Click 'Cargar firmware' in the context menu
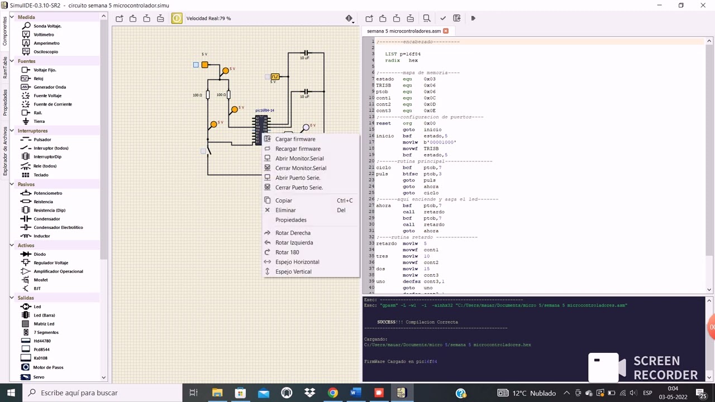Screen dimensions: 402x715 click(x=295, y=139)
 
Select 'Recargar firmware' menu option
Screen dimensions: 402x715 click(x=298, y=149)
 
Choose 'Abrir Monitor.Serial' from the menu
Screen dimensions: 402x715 click(x=299, y=159)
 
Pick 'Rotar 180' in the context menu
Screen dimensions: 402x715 click(x=287, y=252)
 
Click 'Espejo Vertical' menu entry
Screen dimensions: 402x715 click(x=293, y=272)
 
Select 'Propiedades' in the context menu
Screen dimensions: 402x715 click(x=290, y=220)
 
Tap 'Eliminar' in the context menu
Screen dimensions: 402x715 click(x=285, y=210)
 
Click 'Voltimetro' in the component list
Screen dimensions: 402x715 click(x=44, y=35)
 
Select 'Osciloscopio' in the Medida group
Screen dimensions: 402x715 click(x=45, y=52)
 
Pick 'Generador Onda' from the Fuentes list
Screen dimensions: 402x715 click(x=49, y=87)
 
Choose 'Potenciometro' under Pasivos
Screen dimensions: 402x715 click(x=47, y=193)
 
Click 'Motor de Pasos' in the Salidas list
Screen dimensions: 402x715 click(x=48, y=367)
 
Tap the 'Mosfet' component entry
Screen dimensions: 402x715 click(x=40, y=280)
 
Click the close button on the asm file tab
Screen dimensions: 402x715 click(x=446, y=31)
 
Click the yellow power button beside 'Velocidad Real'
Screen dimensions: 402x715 click(x=177, y=18)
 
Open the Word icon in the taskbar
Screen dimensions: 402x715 click(x=355, y=393)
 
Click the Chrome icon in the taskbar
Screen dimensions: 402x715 click(x=332, y=393)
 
